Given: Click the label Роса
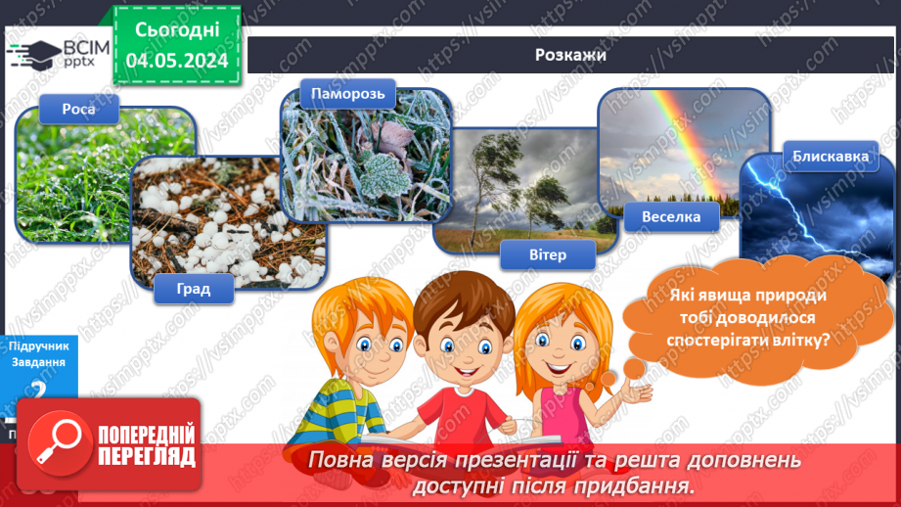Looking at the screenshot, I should point(80,109).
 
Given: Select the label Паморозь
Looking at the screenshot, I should point(339,95).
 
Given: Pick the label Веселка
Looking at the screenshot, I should point(671,216).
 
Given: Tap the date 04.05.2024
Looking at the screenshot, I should point(177,60).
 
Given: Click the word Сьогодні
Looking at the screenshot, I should point(177,30).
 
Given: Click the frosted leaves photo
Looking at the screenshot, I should point(367,157).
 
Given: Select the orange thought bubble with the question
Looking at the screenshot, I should point(749,315).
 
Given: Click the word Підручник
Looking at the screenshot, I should point(39,345).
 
